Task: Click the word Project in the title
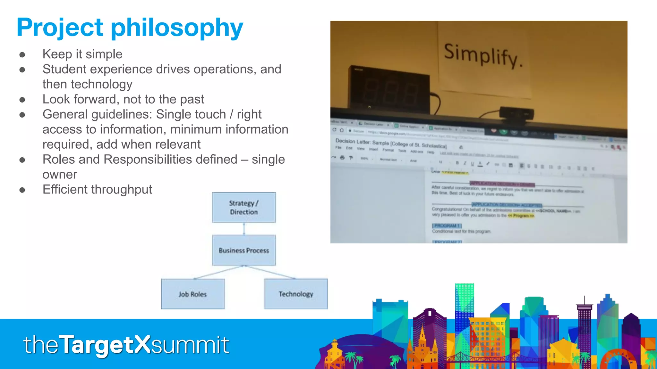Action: click(x=60, y=28)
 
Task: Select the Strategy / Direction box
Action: click(x=244, y=208)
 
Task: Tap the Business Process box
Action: click(x=244, y=250)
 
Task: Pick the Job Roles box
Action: click(x=193, y=294)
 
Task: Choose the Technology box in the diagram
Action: click(x=296, y=294)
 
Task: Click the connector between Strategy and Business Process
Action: click(x=244, y=229)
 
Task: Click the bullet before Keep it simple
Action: click(x=22, y=55)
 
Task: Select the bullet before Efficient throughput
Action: click(x=22, y=190)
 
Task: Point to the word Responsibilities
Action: click(x=170, y=160)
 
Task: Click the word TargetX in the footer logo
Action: click(x=105, y=345)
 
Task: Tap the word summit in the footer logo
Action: click(x=190, y=345)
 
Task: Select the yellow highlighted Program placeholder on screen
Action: click(x=521, y=216)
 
